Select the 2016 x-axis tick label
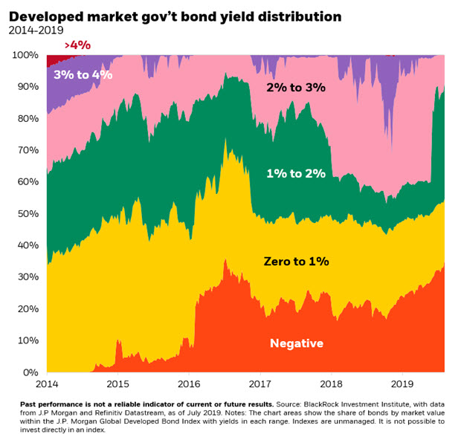click(x=188, y=385)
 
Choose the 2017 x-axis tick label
click(x=259, y=385)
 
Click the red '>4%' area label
click(x=77, y=46)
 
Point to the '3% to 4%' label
click(x=83, y=74)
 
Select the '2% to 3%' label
click(x=296, y=88)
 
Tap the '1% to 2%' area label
click(x=296, y=174)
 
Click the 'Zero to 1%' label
click(x=296, y=262)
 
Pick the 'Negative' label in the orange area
click(x=296, y=343)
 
